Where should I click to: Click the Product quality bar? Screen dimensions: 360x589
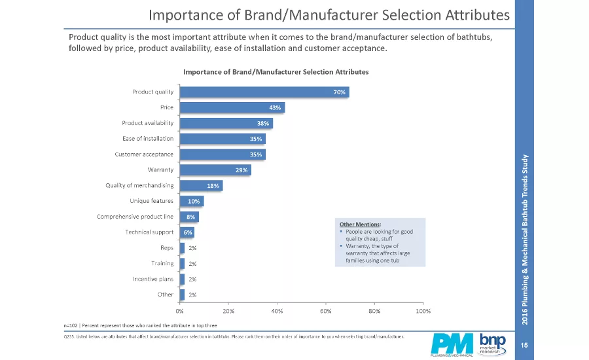point(264,92)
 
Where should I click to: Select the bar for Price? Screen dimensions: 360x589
point(232,108)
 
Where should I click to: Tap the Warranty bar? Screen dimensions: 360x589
point(215,170)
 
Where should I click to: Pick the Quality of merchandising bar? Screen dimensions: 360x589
point(201,186)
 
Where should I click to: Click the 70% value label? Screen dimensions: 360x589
point(339,92)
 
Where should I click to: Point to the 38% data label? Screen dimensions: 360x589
point(262,124)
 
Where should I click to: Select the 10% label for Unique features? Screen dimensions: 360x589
point(194,201)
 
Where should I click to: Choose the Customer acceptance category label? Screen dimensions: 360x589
point(144,154)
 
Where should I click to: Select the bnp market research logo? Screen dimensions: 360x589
point(492,343)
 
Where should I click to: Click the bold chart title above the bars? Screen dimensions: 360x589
point(276,71)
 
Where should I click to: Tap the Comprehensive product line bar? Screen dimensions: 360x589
point(189,217)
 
